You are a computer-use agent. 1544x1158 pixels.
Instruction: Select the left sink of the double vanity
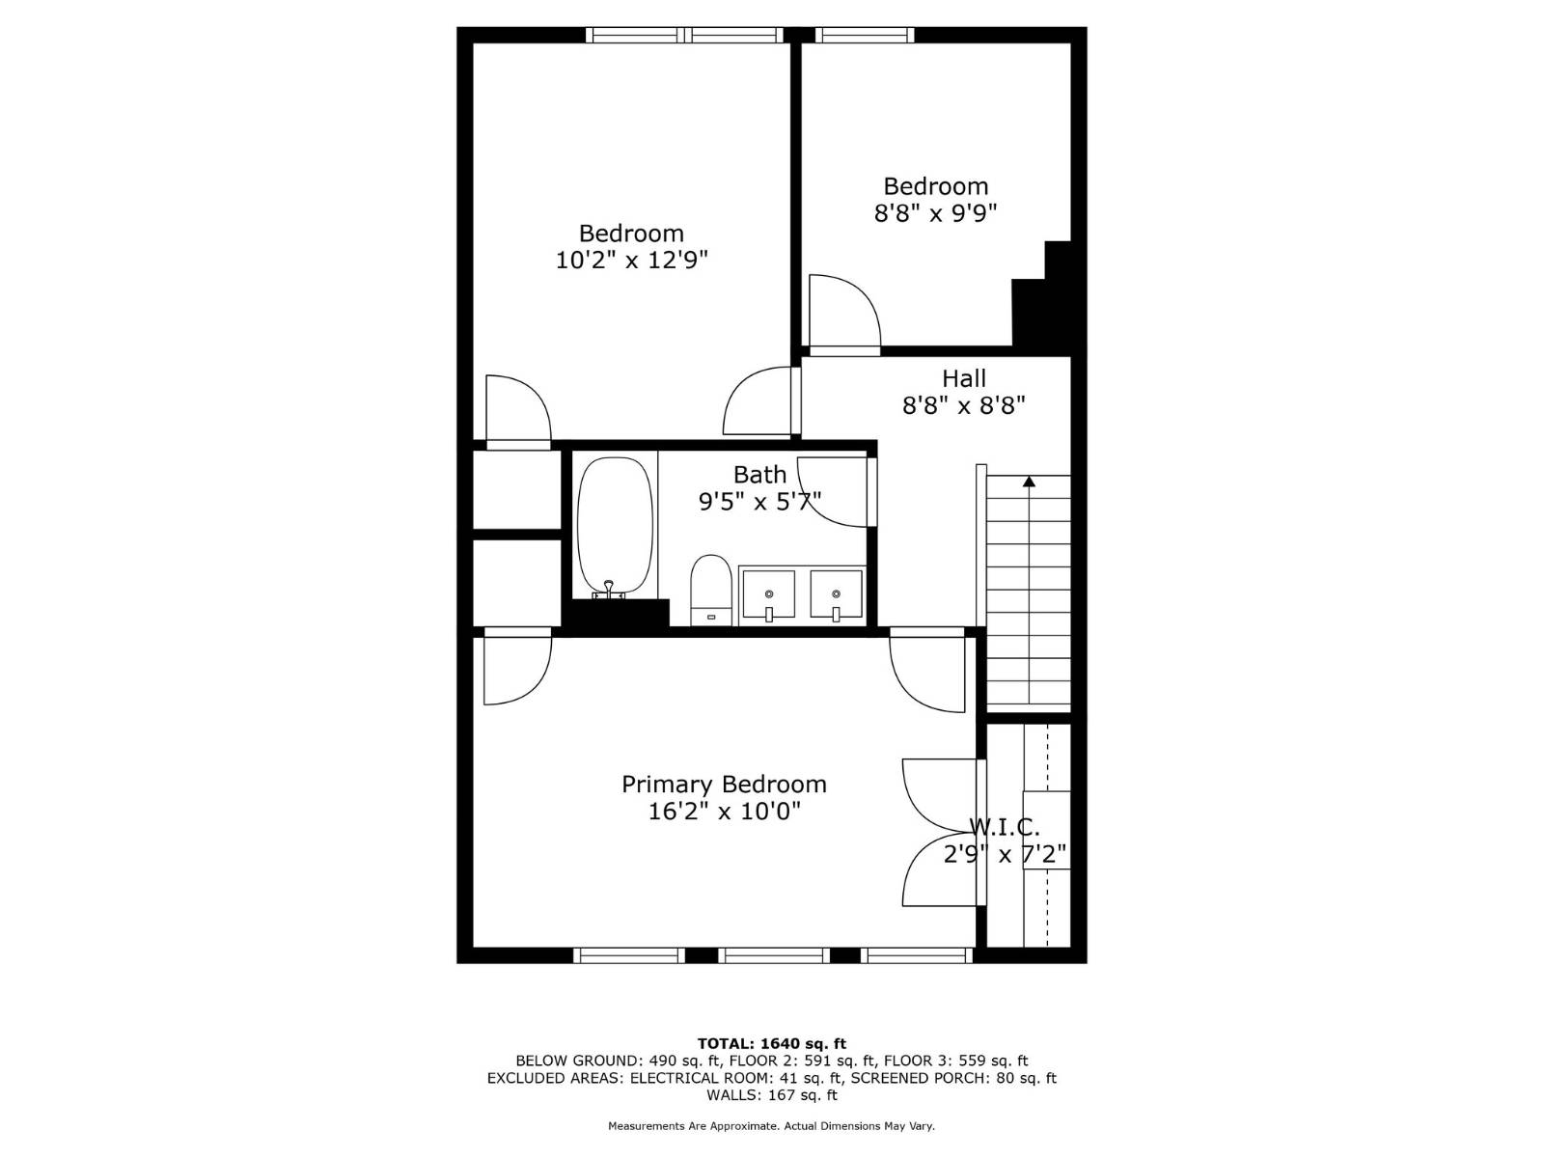click(768, 593)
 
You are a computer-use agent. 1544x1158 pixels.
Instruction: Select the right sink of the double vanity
click(836, 593)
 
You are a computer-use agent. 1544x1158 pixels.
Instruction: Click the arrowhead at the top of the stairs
click(1029, 481)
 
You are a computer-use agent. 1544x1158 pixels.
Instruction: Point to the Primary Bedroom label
click(724, 785)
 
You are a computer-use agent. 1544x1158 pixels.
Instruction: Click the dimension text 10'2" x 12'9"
click(631, 260)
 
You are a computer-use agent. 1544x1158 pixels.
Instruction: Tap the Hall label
click(964, 379)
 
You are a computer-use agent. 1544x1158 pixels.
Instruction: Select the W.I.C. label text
click(1005, 827)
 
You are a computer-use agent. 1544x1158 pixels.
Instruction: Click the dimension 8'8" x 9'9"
click(935, 213)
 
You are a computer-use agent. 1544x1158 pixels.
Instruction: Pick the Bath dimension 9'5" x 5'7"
click(759, 502)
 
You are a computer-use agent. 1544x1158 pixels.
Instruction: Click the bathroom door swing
click(836, 492)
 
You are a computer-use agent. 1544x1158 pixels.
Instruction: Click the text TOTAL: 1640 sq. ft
click(771, 1043)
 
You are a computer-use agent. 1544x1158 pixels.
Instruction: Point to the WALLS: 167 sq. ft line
click(771, 1095)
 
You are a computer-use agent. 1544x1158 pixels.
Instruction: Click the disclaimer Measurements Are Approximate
click(771, 1126)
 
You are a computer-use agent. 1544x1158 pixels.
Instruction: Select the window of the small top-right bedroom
click(865, 36)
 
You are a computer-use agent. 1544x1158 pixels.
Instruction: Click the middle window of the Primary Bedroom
click(774, 955)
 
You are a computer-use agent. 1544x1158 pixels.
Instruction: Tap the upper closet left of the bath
click(517, 489)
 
